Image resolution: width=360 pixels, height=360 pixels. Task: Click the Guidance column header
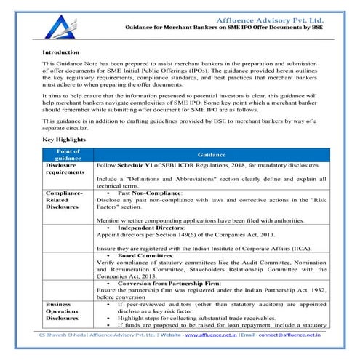pyautogui.click(x=212, y=155)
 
